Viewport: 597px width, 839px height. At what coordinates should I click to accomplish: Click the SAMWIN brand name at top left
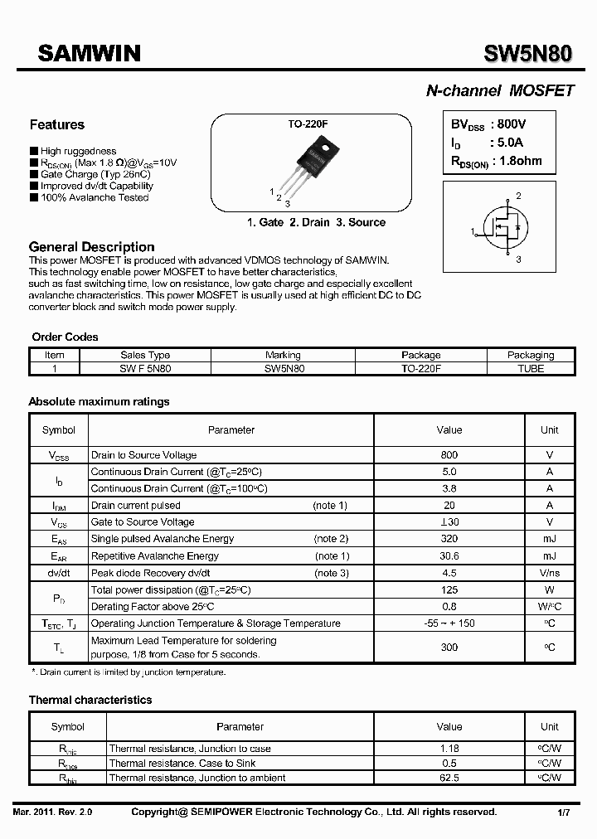point(90,54)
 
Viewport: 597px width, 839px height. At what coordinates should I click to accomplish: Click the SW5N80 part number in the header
point(527,54)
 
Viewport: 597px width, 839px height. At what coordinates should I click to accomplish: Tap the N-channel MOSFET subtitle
point(499,91)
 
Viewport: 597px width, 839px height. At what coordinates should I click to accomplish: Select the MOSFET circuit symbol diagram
point(507,230)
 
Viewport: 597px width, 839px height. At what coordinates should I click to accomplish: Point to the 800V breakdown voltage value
point(507,124)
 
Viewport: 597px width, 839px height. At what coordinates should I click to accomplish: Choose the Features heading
point(56,125)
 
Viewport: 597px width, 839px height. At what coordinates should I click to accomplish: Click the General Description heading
point(91,247)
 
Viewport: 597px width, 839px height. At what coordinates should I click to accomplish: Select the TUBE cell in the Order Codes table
point(530,368)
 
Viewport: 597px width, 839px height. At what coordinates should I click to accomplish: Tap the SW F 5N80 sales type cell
point(145,368)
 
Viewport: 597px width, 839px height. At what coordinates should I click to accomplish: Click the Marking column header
point(283,355)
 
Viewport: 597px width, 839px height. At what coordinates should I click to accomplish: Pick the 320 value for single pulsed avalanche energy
point(449,539)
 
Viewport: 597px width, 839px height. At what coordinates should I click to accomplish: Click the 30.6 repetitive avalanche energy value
point(449,556)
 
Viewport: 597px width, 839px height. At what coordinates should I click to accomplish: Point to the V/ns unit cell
point(549,573)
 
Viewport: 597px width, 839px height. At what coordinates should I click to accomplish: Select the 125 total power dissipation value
point(449,590)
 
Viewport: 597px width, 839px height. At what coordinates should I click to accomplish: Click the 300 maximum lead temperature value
point(449,647)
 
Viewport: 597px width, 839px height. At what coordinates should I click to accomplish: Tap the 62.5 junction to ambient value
point(449,778)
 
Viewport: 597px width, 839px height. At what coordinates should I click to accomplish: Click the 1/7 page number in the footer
point(563,812)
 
